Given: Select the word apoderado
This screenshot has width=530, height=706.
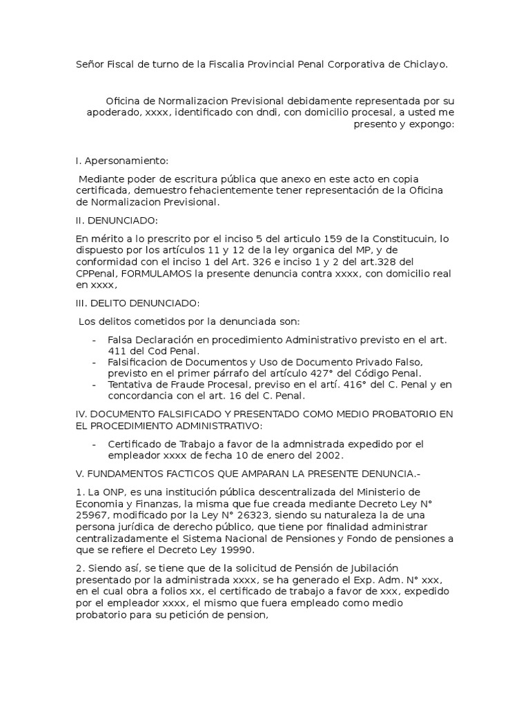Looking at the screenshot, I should click(113, 112).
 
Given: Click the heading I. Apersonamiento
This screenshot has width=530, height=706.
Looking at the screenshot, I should click(121, 161).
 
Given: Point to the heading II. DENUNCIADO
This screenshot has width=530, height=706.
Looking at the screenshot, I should click(117, 221).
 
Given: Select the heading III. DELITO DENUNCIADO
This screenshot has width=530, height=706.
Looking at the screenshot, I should click(137, 303).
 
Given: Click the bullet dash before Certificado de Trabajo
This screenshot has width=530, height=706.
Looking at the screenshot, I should click(94, 444).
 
